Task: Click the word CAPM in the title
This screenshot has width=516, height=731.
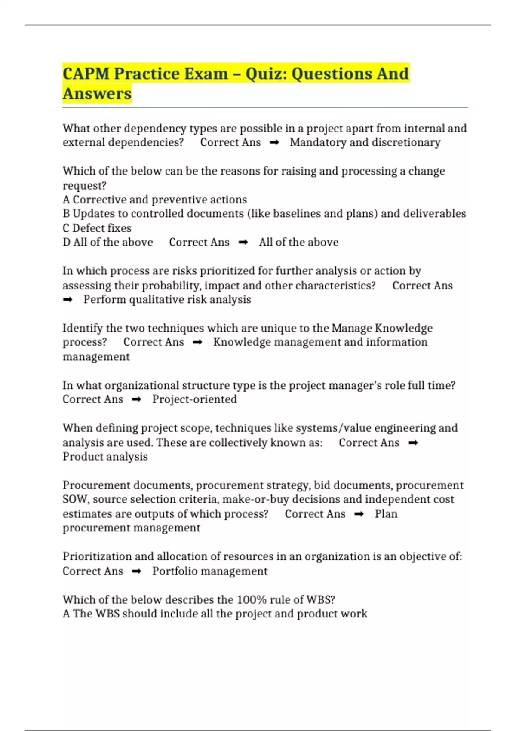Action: tap(86, 74)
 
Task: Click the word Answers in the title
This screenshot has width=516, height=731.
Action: tap(97, 94)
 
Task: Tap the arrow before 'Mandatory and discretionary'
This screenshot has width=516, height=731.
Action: tap(274, 142)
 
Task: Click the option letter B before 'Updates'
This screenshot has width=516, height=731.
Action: tap(66, 214)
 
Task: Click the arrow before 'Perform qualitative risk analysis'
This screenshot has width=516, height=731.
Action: tap(68, 300)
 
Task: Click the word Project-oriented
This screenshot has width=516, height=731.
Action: tap(194, 399)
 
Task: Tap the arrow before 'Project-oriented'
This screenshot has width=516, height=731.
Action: tap(136, 399)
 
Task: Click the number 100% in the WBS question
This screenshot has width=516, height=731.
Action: tap(252, 599)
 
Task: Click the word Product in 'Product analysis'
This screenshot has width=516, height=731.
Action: tap(82, 457)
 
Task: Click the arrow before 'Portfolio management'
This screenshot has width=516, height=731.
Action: tap(136, 571)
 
